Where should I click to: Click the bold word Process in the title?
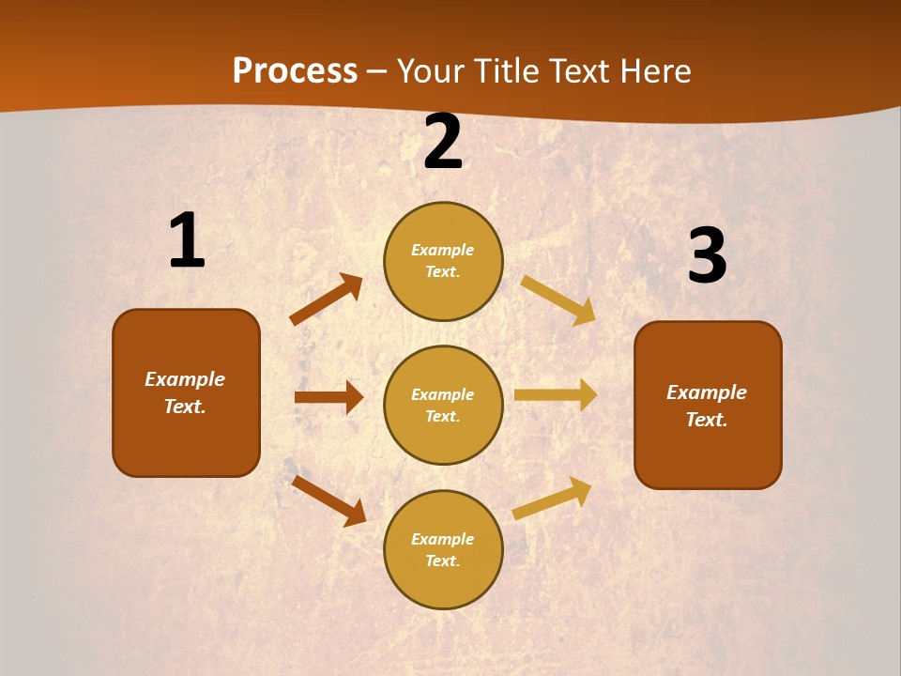click(295, 71)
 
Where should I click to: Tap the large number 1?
click(187, 241)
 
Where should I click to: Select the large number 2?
click(443, 142)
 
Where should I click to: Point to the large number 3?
click(708, 255)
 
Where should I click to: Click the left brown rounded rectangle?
click(186, 392)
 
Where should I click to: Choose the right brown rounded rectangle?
click(708, 405)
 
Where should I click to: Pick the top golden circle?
click(443, 261)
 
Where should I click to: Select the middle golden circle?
click(443, 405)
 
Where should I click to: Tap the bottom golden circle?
click(443, 549)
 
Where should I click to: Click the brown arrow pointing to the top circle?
click(326, 300)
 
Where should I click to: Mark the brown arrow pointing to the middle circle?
click(328, 397)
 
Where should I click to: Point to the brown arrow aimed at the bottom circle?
click(328, 500)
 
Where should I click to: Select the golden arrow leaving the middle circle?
click(556, 394)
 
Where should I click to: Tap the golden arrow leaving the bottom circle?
click(552, 499)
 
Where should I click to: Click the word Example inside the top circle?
click(443, 250)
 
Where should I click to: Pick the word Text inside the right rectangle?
click(707, 420)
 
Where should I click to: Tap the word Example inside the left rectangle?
click(185, 379)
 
